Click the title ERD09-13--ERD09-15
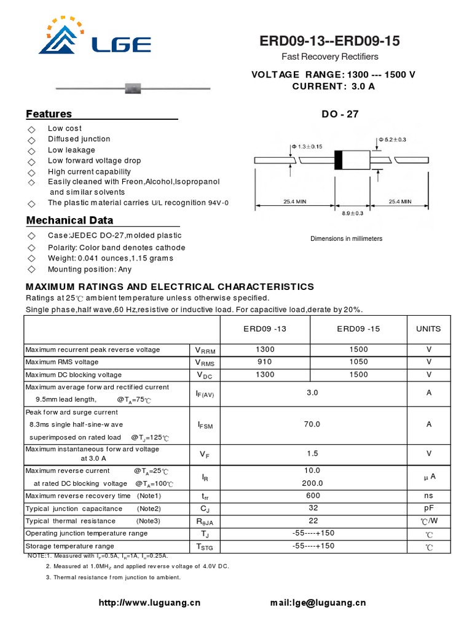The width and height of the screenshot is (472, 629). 329,41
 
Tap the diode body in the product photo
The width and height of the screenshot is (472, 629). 133,88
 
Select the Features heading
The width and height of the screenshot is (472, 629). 49,114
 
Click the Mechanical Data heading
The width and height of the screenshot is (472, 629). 69,221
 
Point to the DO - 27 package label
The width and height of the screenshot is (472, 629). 340,114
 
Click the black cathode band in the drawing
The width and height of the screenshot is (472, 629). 337,160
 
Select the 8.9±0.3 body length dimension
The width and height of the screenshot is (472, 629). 352,213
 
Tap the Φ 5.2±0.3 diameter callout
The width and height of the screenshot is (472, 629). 392,140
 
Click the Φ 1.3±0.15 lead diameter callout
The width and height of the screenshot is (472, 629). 306,146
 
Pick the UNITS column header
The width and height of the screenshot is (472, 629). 428,329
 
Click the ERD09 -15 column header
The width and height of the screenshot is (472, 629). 358,329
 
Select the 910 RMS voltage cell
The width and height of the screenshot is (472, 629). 265,362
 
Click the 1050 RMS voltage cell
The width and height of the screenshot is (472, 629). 358,362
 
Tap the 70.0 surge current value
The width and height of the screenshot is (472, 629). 312,424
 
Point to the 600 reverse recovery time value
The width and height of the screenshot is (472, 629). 312,496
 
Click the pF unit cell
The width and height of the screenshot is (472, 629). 428,509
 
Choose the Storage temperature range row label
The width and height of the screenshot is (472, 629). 69,545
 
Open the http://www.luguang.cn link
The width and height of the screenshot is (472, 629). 149,603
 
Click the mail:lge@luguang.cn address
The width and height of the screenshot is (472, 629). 318,603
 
